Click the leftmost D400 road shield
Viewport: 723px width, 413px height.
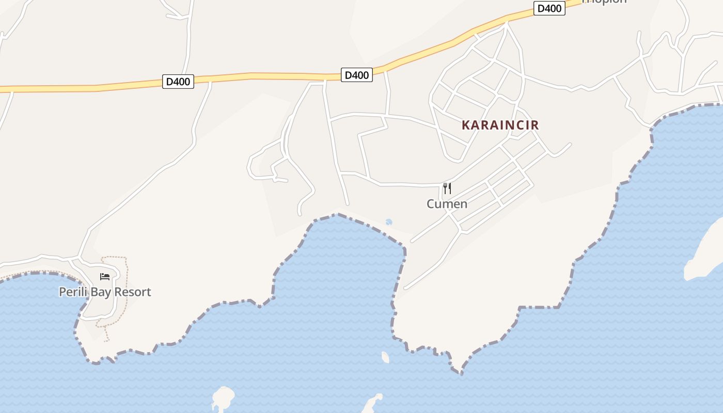[x=178, y=82]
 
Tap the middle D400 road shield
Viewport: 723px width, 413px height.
[x=356, y=75]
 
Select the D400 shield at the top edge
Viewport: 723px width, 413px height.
[x=549, y=9]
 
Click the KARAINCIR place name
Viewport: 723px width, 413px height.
[x=500, y=125]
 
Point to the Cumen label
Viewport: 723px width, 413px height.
[x=447, y=204]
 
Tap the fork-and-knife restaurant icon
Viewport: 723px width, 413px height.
[x=447, y=188]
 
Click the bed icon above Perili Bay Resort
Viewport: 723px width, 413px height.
[x=105, y=277]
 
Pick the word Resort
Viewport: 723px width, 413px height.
[x=132, y=292]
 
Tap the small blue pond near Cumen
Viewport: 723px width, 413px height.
[x=389, y=222]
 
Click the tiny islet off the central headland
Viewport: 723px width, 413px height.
[x=385, y=357]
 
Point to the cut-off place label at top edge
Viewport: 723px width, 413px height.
[x=604, y=2]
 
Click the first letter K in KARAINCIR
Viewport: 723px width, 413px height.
[x=465, y=125]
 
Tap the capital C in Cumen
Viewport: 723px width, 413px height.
[x=431, y=204]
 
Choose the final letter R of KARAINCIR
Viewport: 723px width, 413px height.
[x=535, y=125]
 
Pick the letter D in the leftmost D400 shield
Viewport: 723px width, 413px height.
[x=169, y=82]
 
